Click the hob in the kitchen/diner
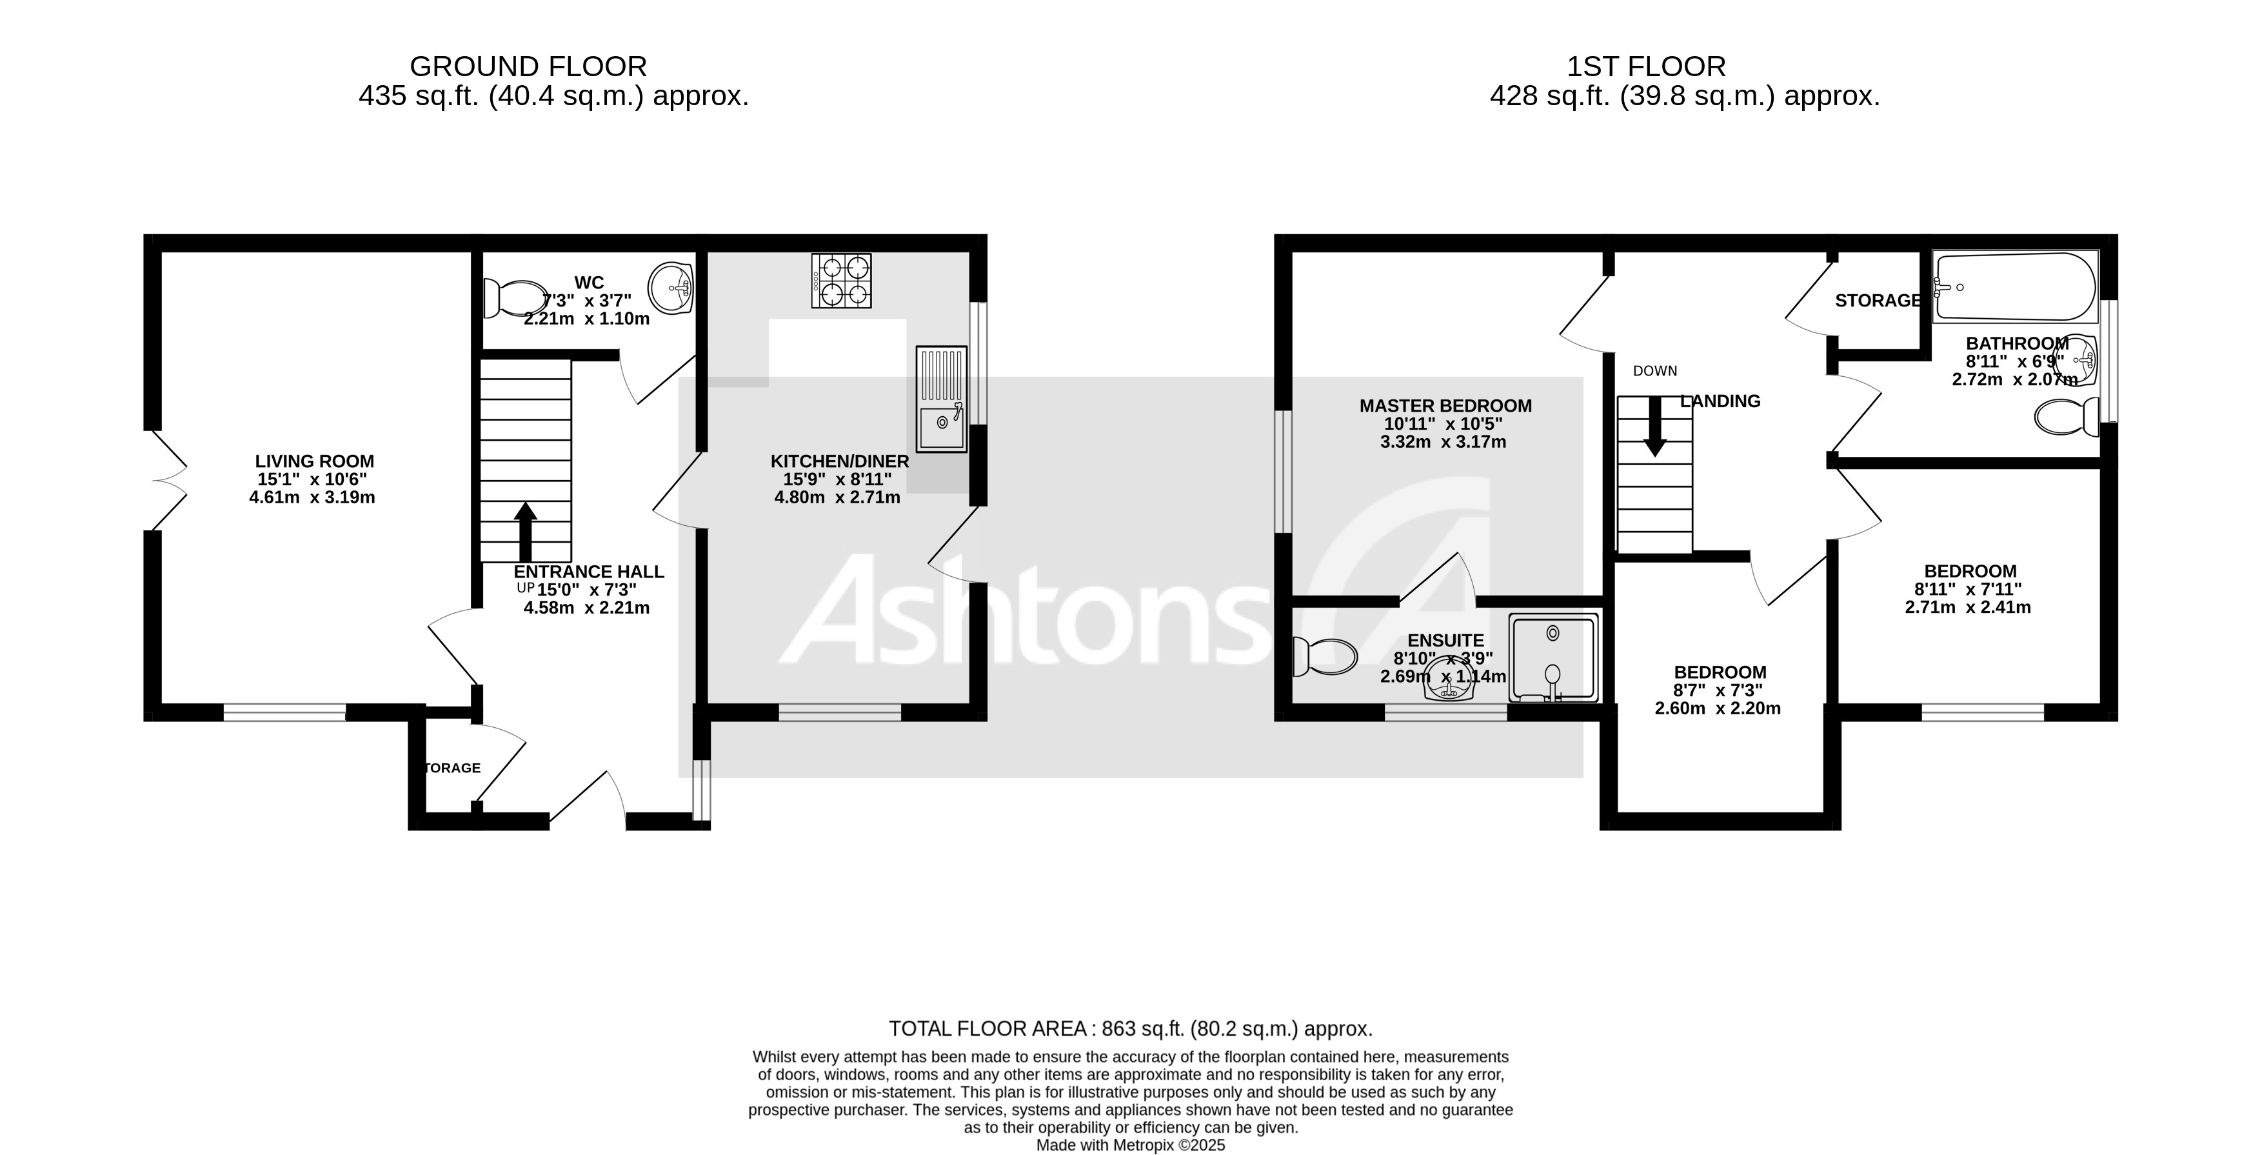tap(841, 280)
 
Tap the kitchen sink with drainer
tap(940, 399)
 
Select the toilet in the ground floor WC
tap(515, 299)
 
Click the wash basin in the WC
tap(671, 287)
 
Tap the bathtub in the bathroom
tap(2015, 287)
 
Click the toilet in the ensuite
tap(1325, 657)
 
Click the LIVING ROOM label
tap(314, 461)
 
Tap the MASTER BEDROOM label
tap(1445, 406)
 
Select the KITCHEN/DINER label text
tap(840, 461)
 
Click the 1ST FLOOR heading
tap(1647, 66)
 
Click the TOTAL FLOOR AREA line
tap(1130, 1029)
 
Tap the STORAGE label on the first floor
tap(1878, 301)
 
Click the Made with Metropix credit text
tap(1130, 1145)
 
